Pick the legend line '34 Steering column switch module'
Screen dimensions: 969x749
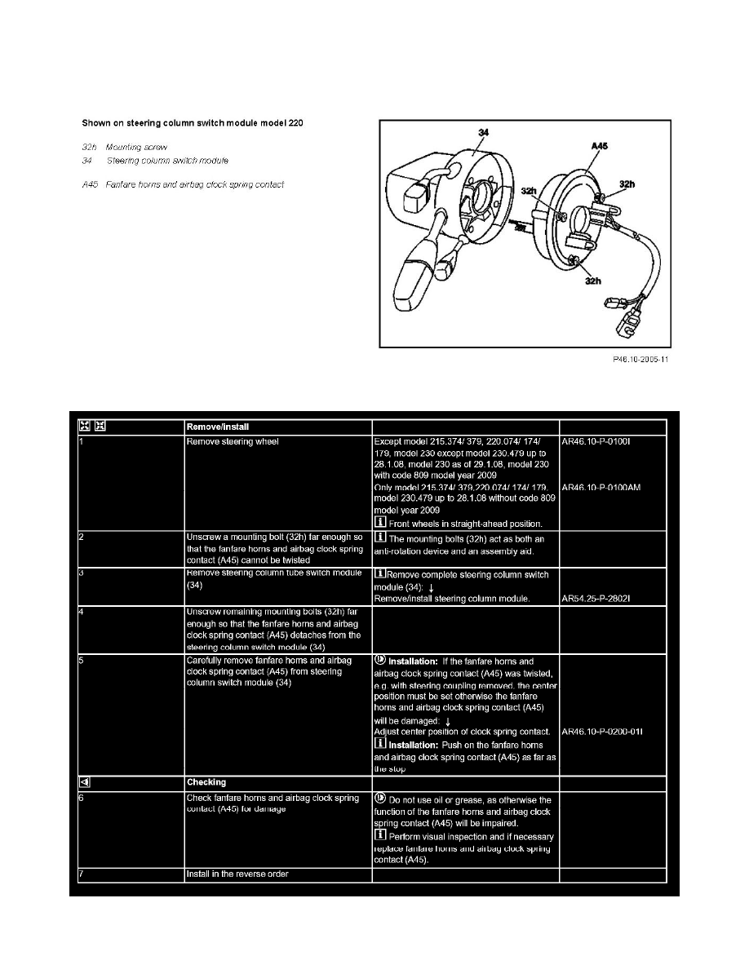(155, 161)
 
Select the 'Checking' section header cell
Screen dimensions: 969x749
(207, 782)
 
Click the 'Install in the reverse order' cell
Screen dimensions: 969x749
(237, 874)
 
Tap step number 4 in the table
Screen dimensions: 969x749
(82, 612)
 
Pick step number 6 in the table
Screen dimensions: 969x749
(82, 798)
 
